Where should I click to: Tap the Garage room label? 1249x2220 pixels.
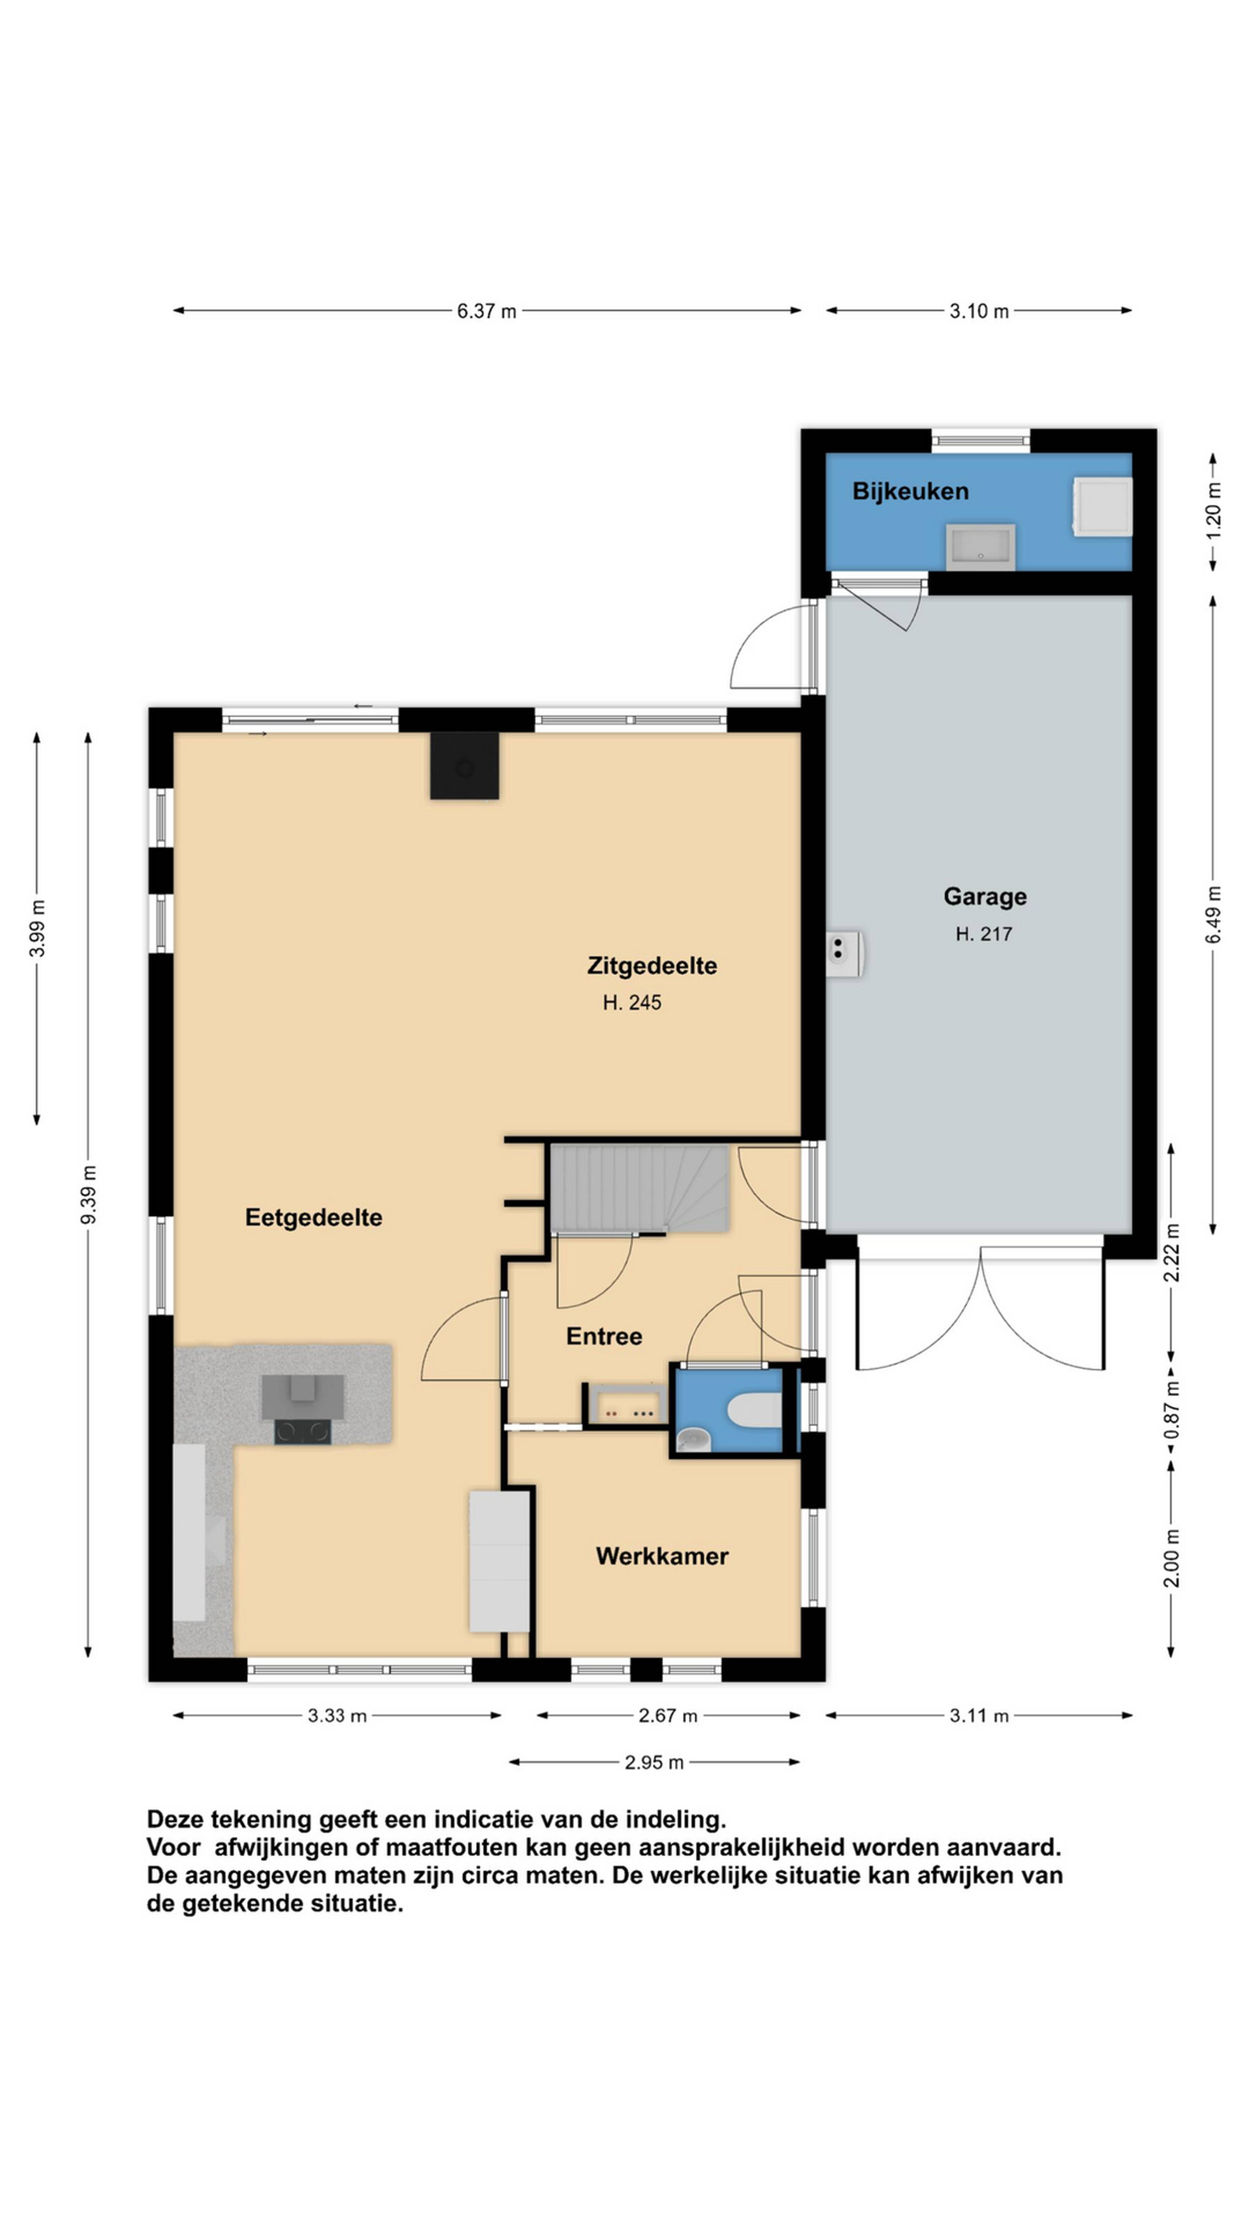(984, 896)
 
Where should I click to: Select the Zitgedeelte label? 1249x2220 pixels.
(651, 965)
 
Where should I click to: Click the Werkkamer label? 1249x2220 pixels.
(662, 1556)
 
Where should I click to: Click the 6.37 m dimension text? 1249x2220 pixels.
(486, 311)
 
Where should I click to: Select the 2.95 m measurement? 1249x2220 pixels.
(654, 1762)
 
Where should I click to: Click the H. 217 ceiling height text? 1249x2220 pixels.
(984, 933)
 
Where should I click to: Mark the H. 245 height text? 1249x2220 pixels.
(632, 1002)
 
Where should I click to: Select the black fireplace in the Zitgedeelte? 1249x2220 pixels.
(464, 765)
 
